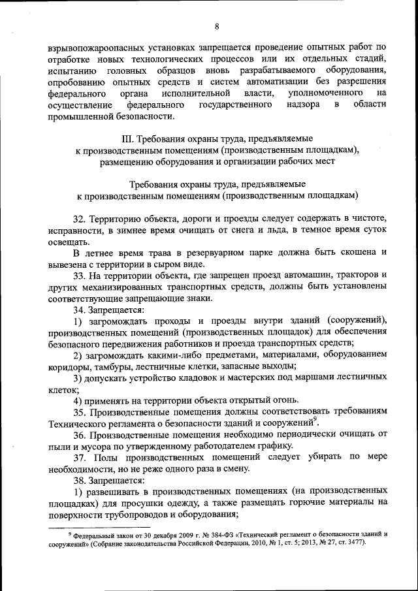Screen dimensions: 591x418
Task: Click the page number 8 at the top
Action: click(x=217, y=25)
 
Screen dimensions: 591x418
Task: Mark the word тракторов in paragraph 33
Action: click(x=351, y=276)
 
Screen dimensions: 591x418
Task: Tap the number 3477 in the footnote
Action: click(x=357, y=543)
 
